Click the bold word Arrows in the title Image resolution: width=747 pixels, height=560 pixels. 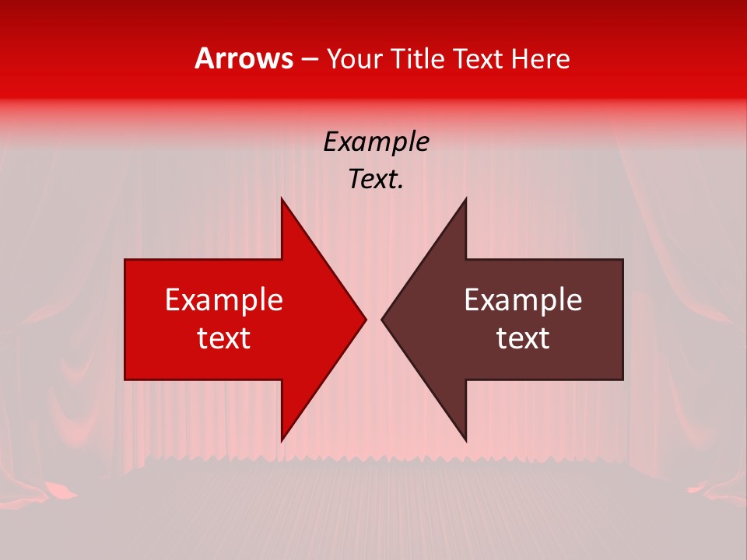[x=244, y=58]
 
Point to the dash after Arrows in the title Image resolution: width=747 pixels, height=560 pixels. [x=309, y=59]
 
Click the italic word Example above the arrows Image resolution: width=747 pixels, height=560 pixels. [x=377, y=142]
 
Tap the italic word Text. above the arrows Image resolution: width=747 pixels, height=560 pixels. [x=377, y=180]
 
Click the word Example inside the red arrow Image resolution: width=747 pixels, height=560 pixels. [x=224, y=300]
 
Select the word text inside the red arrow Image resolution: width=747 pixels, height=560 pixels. [x=224, y=338]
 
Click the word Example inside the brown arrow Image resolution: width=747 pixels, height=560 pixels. [x=523, y=300]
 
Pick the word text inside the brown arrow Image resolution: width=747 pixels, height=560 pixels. [x=523, y=338]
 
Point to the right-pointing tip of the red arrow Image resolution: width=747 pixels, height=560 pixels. [x=366, y=319]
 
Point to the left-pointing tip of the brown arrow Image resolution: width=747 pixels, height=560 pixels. [x=381, y=319]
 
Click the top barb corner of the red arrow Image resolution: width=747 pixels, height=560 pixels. [x=282, y=198]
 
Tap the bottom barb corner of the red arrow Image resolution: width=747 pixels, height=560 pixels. [x=282, y=440]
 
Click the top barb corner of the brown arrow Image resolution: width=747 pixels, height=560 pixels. [x=465, y=198]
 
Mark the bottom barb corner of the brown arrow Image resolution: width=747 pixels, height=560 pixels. [x=465, y=440]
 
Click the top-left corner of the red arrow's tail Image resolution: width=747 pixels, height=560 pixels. [x=125, y=260]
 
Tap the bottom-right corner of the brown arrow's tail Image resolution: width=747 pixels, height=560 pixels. [x=622, y=380]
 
